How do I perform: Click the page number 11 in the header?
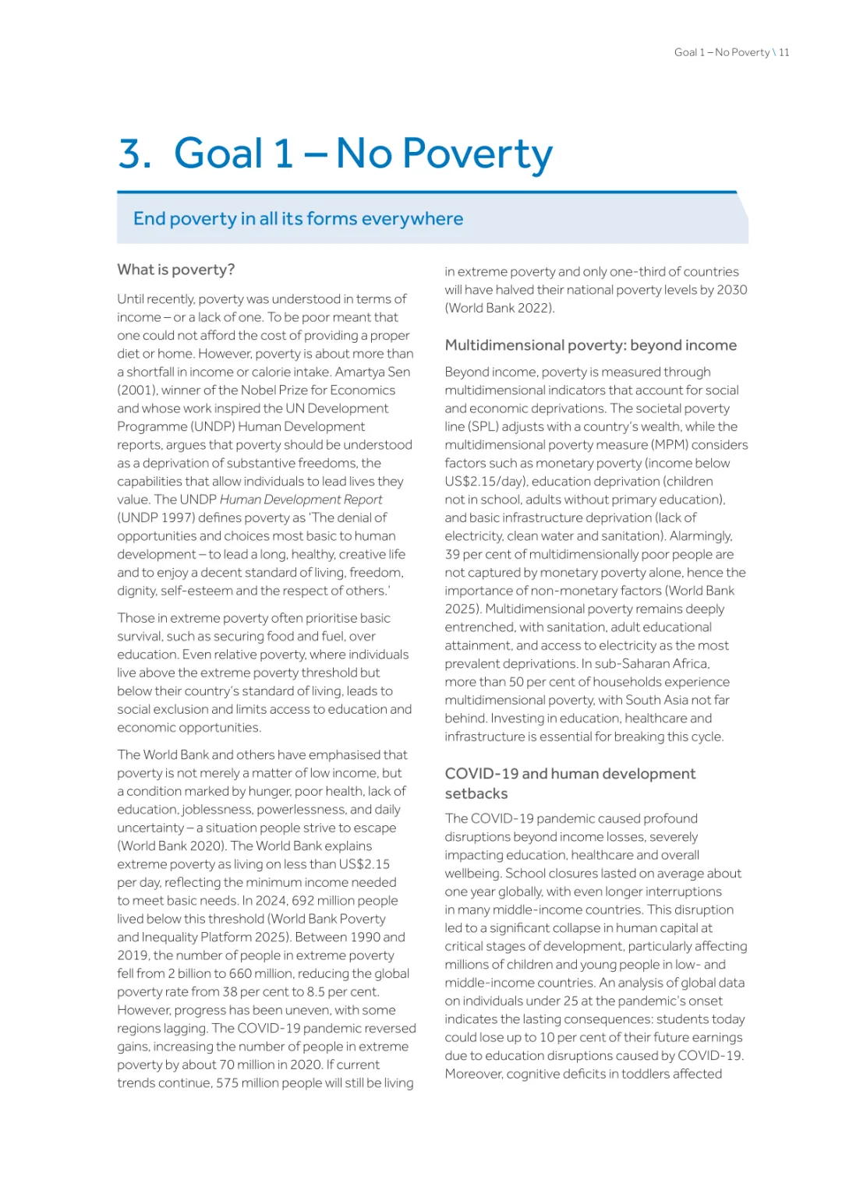[x=784, y=52]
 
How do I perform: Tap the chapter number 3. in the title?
[x=135, y=153]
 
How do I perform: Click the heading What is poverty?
[x=176, y=270]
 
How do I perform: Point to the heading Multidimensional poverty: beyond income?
[x=590, y=345]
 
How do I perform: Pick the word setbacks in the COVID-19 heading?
[x=476, y=793]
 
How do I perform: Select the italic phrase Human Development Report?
[x=301, y=500]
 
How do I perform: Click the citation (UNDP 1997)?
[x=154, y=517]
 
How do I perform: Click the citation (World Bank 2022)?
[x=499, y=308]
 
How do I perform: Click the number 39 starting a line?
[x=452, y=554]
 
